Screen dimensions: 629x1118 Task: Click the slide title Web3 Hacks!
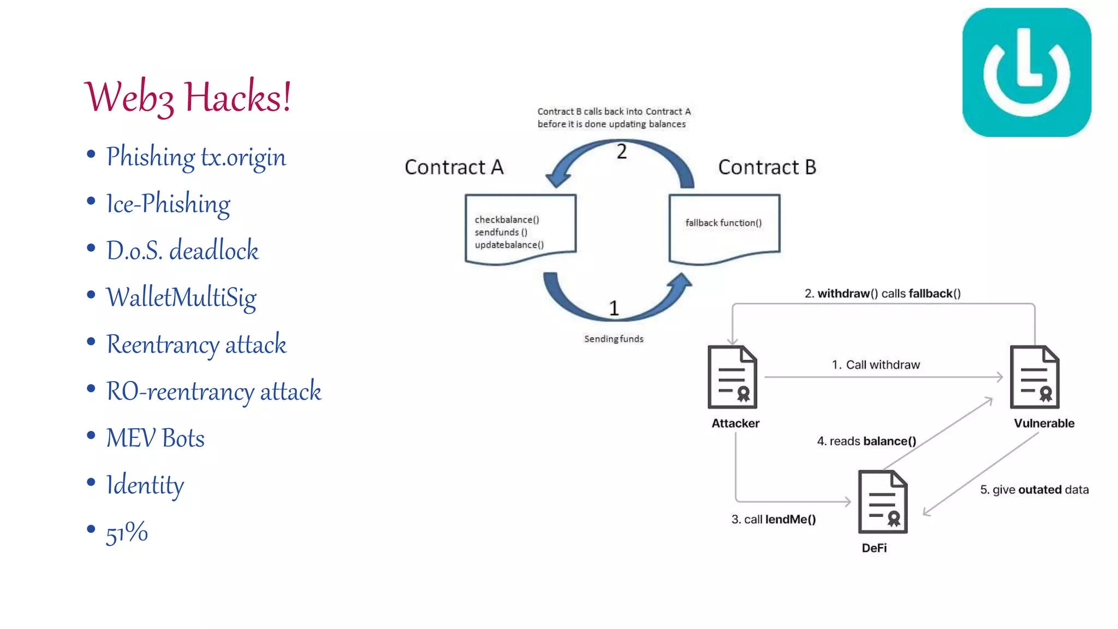[188, 97]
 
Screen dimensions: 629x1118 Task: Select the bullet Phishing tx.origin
[195, 157]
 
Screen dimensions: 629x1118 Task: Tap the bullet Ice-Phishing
[168, 204]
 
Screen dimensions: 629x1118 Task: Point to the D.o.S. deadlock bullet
[182, 251]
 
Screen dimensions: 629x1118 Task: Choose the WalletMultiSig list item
[181, 298]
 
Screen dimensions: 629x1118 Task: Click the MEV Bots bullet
[155, 438]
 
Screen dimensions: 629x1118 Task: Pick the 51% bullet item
[127, 532]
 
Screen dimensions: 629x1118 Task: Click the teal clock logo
[1026, 73]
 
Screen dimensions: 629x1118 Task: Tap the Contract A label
[454, 167]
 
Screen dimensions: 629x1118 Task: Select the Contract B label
[766, 167]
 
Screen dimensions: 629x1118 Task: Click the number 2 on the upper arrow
[621, 152]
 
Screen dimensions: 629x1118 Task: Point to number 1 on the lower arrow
[614, 308]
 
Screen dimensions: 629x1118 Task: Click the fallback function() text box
[723, 223]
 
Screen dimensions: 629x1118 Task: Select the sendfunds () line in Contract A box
[501, 232]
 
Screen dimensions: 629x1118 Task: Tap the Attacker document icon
[732, 377]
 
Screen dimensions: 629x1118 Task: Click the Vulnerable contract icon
[1034, 377]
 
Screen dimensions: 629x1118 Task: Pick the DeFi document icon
[882, 502]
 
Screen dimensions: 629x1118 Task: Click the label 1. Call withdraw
[876, 365]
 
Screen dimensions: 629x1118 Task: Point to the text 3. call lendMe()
[774, 519]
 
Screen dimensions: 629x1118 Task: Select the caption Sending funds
[614, 339]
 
